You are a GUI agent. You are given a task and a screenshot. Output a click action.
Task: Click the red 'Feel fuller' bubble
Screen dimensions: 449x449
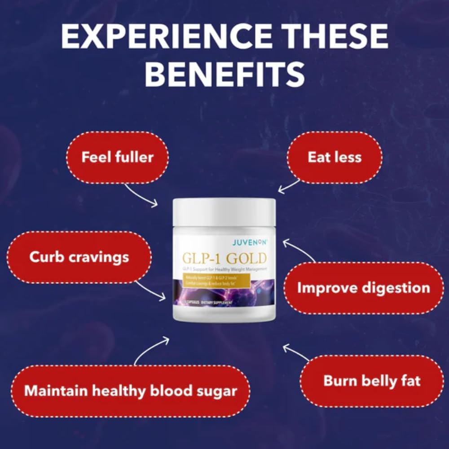click(x=117, y=157)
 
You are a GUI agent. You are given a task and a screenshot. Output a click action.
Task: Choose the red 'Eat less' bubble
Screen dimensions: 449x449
click(x=335, y=157)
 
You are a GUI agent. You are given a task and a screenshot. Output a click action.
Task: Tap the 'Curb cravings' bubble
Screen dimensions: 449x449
click(x=79, y=257)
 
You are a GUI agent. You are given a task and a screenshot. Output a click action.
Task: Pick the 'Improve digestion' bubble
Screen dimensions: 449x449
click(x=363, y=288)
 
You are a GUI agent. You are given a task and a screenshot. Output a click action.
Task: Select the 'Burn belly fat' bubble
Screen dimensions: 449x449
click(x=372, y=381)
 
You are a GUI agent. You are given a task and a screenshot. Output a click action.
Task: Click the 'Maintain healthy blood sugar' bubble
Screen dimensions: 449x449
click(x=130, y=391)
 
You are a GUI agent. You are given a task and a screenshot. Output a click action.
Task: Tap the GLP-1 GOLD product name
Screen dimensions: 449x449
click(x=224, y=259)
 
